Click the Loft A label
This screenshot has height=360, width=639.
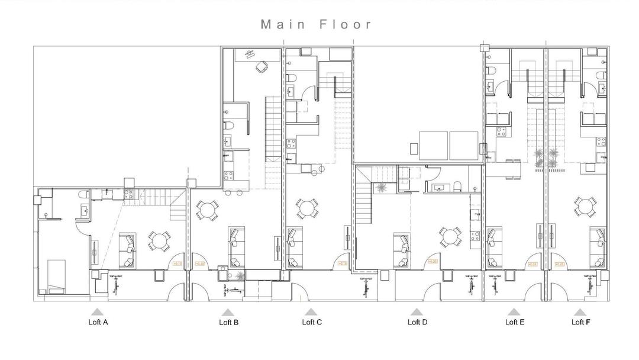(98, 323)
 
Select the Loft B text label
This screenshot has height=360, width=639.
(228, 323)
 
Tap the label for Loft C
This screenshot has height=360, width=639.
(312, 322)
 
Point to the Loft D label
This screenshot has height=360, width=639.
(417, 322)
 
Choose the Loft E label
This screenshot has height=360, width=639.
(515, 322)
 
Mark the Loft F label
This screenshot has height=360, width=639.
(580, 322)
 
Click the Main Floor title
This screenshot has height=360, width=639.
(317, 24)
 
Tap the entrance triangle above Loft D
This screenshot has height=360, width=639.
(417, 311)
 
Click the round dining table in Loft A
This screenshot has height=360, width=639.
(160, 240)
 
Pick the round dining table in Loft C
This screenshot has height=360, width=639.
(306, 208)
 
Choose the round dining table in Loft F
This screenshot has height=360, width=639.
(584, 208)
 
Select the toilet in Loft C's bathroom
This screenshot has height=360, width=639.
(291, 79)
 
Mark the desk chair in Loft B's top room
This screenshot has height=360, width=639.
(260, 67)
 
